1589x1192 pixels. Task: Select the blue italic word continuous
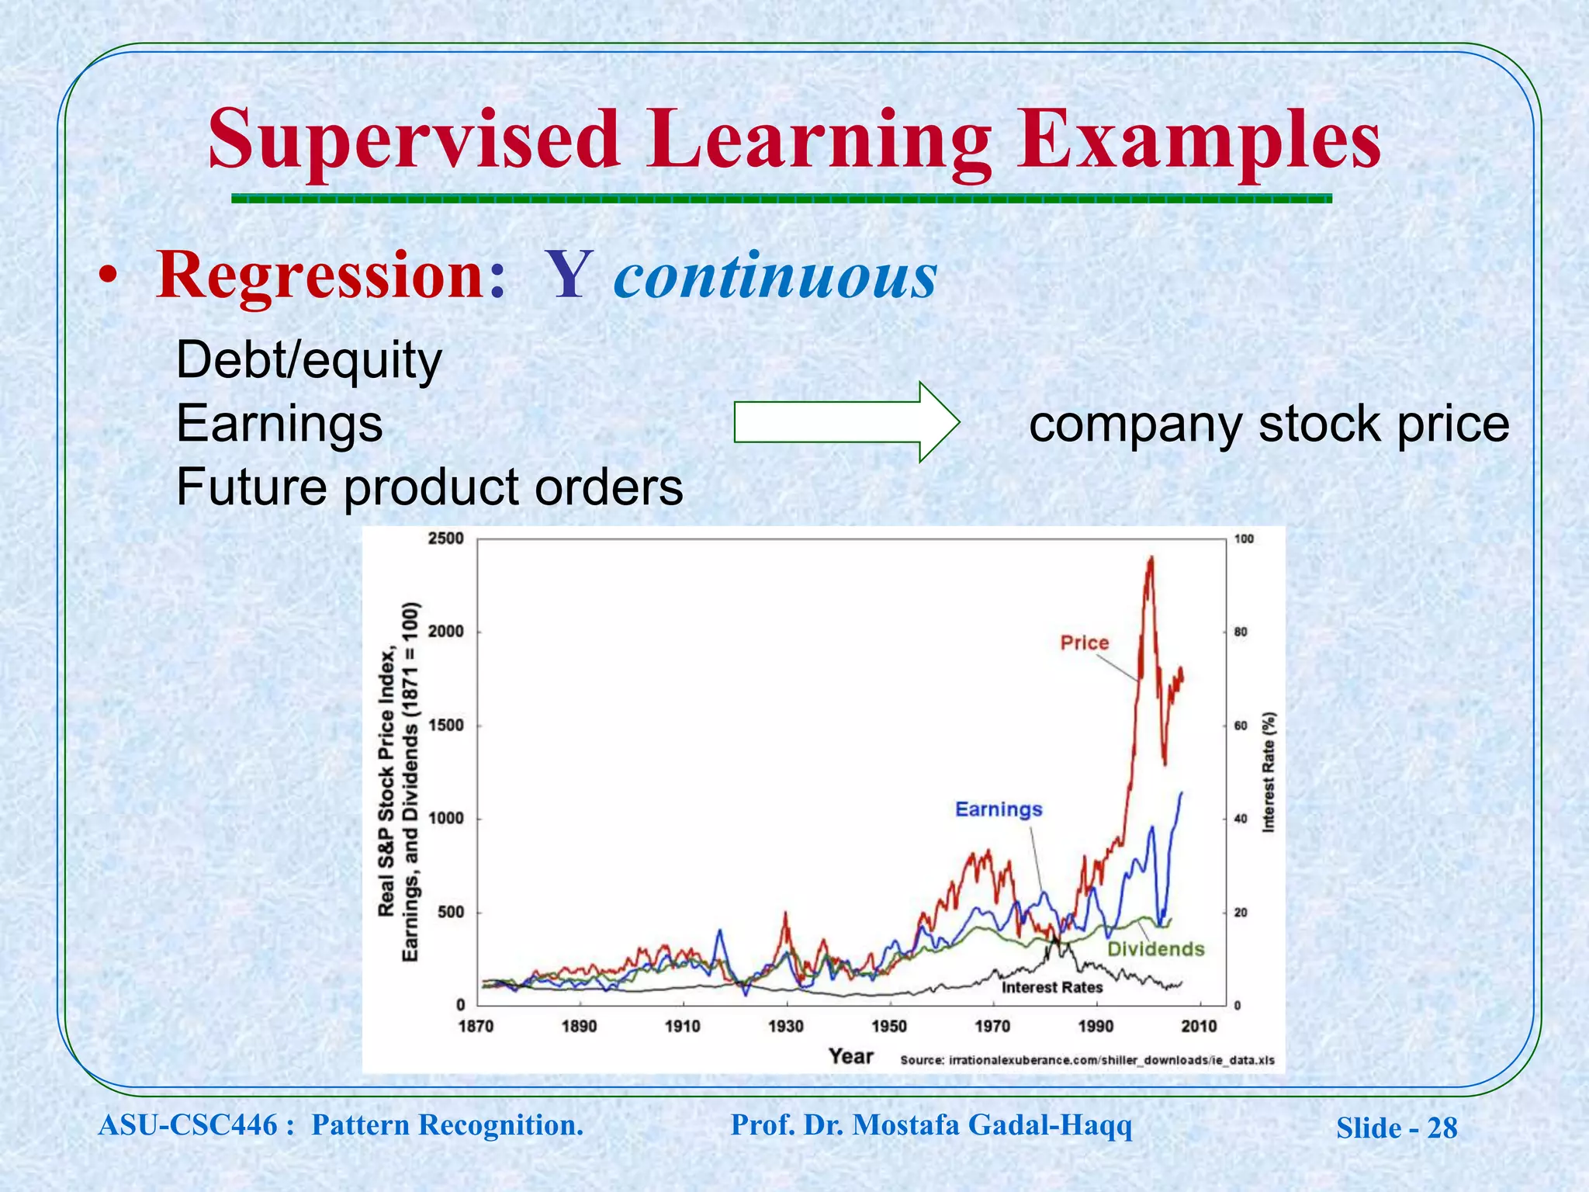tap(775, 275)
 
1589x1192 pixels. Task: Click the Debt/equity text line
tap(309, 361)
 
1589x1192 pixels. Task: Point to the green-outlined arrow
tap(846, 422)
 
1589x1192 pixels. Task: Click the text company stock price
tap(1269, 424)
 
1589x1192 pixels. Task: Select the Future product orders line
tap(429, 487)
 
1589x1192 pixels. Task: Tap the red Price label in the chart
tap(1084, 643)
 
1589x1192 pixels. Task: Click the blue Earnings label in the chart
tap(999, 809)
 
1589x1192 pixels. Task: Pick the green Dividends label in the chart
tap(1155, 949)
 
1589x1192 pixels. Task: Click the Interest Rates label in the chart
tap(1051, 987)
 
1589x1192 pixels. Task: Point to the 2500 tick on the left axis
tap(445, 539)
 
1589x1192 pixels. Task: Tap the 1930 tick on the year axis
tap(785, 1027)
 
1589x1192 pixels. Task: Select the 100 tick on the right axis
tap(1243, 539)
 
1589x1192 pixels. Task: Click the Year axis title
tap(850, 1056)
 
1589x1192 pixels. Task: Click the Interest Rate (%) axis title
tap(1269, 772)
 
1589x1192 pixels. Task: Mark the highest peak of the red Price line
tap(1151, 557)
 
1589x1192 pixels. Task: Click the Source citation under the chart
tap(1086, 1060)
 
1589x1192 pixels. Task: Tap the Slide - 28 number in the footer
tap(1396, 1128)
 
